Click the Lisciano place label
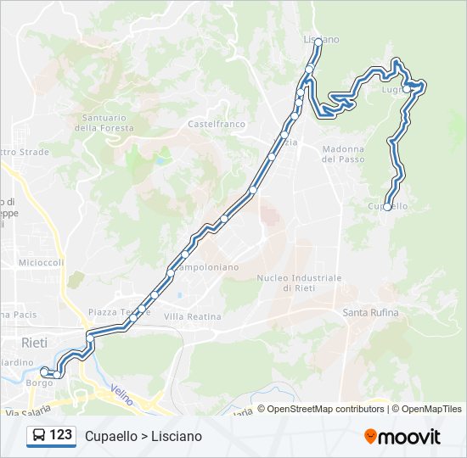(321, 40)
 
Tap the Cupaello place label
(389, 206)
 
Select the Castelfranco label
(216, 124)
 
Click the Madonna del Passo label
(343, 154)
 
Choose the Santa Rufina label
(370, 313)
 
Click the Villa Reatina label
(192, 316)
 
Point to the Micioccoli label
(42, 262)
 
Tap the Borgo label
(39, 383)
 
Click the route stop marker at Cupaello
(387, 207)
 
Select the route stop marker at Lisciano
(318, 41)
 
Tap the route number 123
(61, 435)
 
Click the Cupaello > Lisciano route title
(143, 436)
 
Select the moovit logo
(402, 437)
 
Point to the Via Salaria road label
(23, 413)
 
